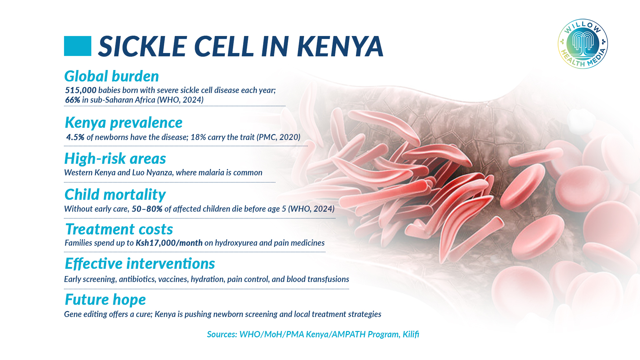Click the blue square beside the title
(77, 46)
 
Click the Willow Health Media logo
(583, 44)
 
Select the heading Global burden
(111, 76)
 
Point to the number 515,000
(81, 90)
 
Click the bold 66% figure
(72, 100)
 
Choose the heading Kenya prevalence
(124, 123)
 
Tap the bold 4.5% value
(75, 137)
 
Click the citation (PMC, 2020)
(278, 137)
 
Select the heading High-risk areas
(115, 159)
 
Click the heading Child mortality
(115, 195)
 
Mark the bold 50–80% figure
(147, 209)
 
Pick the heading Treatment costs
(119, 229)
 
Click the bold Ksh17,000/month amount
(169, 243)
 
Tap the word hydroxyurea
(236, 243)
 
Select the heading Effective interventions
(140, 264)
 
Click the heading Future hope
(105, 300)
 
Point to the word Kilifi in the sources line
(411, 334)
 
